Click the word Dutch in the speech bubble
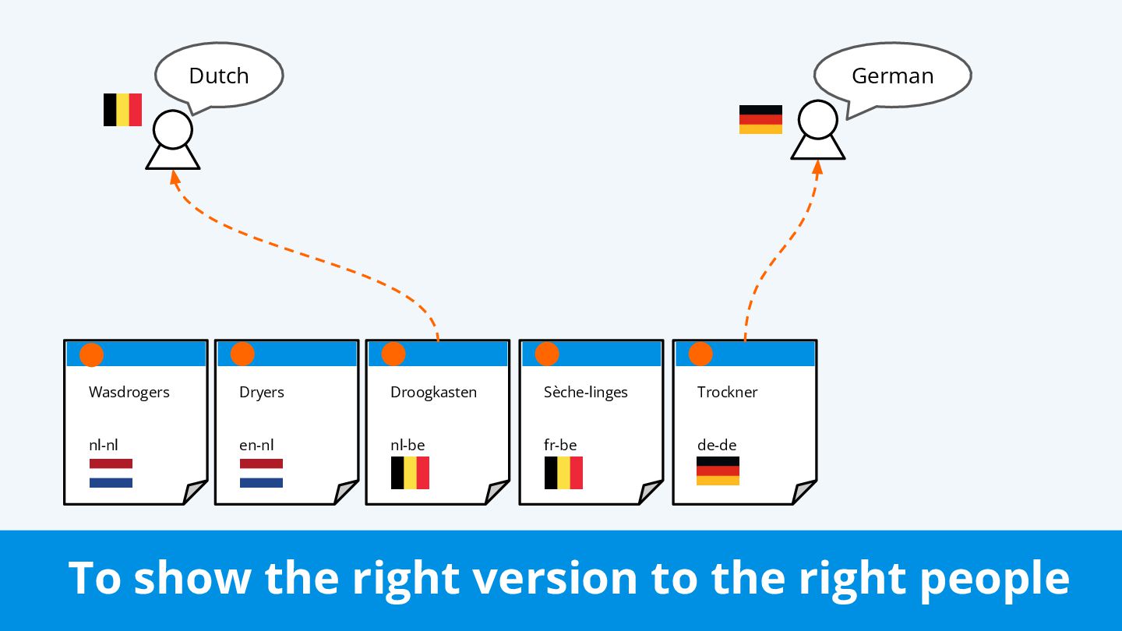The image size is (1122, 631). [218, 76]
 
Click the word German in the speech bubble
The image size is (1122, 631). [892, 76]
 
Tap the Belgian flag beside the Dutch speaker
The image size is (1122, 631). [122, 110]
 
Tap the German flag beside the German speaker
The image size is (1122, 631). [760, 119]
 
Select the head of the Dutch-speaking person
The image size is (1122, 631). [172, 129]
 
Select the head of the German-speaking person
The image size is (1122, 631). [817, 121]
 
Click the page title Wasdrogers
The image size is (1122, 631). [129, 392]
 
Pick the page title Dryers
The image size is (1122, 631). [261, 392]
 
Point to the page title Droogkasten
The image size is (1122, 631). [433, 392]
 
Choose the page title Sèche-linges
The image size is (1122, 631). [585, 392]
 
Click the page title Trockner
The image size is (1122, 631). [727, 392]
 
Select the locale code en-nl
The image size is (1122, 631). [256, 446]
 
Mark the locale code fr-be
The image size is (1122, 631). [560, 446]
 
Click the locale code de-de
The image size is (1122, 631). [717, 446]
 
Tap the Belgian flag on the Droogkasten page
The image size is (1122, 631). [410, 473]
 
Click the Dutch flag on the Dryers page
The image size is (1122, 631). [261, 473]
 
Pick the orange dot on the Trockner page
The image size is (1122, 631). [700, 354]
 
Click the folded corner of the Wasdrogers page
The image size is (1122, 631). [196, 493]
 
